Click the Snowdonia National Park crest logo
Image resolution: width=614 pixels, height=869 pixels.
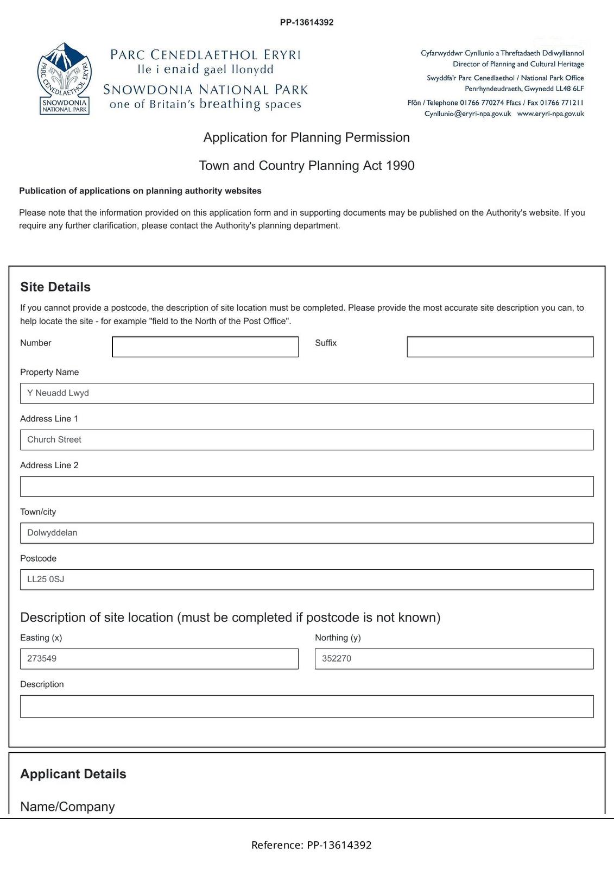point(64,79)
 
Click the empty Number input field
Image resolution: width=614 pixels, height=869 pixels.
point(205,347)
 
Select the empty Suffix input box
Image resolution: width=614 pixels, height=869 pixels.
point(499,347)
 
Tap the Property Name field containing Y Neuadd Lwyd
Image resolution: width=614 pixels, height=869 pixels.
point(306,393)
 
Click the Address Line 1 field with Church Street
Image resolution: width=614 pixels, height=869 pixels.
point(306,440)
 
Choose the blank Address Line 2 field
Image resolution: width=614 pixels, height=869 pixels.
point(306,487)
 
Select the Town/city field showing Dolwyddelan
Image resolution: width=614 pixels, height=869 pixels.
point(306,533)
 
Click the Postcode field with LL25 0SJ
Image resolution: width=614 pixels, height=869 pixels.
point(306,580)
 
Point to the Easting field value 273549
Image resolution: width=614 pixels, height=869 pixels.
point(159,659)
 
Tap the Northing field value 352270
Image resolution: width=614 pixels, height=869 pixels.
point(453,659)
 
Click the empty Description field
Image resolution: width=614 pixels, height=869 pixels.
point(306,707)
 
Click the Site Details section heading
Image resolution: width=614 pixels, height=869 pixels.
point(55,287)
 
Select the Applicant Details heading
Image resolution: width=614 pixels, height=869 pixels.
point(73,774)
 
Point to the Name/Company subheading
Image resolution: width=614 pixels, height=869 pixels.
point(67,807)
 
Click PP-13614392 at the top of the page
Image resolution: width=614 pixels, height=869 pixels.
point(307,22)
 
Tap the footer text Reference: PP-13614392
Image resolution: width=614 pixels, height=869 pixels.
point(311,845)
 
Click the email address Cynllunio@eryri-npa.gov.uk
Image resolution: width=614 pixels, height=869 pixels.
point(467,114)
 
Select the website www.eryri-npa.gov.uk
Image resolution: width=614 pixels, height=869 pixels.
point(550,114)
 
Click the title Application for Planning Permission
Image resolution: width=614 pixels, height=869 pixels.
point(306,137)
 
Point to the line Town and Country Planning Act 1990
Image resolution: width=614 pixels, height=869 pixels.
point(306,166)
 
